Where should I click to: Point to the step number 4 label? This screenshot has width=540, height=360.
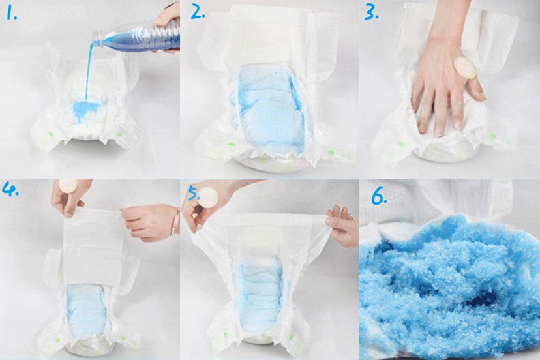[10, 189]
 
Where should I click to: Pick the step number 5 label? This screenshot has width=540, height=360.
[194, 193]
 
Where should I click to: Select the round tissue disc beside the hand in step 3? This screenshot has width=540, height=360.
[464, 67]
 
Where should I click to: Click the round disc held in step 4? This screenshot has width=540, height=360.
[68, 185]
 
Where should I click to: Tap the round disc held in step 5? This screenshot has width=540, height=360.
[207, 198]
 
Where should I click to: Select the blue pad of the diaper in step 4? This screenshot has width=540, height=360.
[87, 309]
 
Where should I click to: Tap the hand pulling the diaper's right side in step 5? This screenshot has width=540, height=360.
[342, 225]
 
